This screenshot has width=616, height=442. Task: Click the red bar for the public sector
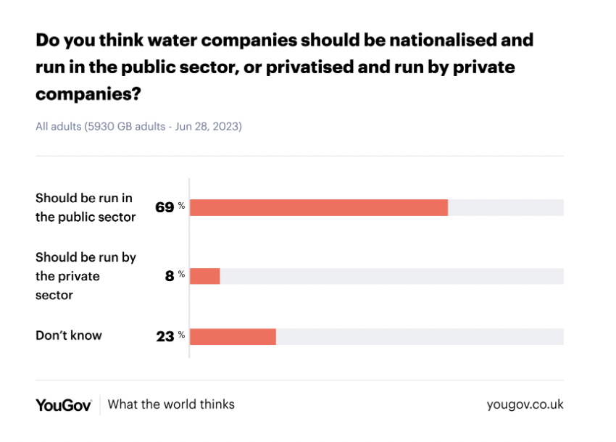[319, 207]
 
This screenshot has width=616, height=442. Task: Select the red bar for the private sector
[205, 276]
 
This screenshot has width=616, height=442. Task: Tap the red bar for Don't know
[233, 336]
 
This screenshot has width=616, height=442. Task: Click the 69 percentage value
[165, 207]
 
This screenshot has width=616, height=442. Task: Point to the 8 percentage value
[170, 276]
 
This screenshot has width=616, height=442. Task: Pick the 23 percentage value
[165, 336]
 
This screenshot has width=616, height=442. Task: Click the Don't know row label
[69, 335]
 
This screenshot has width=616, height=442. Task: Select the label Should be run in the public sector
[86, 207]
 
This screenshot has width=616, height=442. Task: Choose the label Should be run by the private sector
[86, 276]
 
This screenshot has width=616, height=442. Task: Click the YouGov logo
[64, 405]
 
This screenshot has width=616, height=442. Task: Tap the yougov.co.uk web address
[525, 404]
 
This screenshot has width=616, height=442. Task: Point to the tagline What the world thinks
[171, 404]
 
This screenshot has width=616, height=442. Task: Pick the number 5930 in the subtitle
[99, 126]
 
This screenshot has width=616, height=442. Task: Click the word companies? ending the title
[88, 94]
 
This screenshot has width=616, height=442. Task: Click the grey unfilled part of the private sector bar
[391, 276]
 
